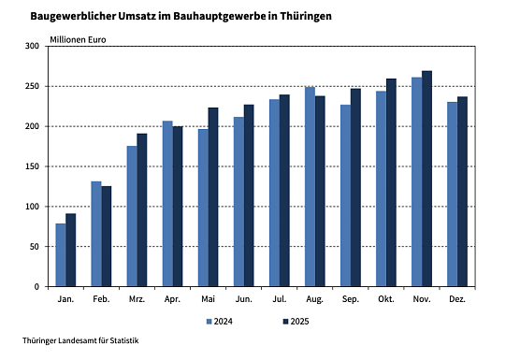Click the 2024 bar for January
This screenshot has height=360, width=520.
click(x=60, y=254)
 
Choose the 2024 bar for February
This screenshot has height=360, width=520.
click(x=95, y=234)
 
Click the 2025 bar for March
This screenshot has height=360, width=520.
click(x=142, y=209)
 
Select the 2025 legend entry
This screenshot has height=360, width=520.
click(x=295, y=322)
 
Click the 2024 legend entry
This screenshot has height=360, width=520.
click(x=220, y=322)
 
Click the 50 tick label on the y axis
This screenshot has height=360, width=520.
click(x=35, y=247)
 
